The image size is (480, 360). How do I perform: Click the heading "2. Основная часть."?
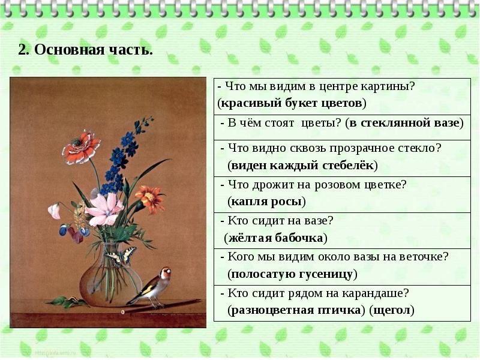coord(85,50)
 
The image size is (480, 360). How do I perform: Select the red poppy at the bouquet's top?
coord(81,147)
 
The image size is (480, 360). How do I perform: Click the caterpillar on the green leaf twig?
coord(73,299)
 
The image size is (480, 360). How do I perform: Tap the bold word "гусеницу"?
coord(326,274)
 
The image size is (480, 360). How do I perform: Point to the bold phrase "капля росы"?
coord(266,202)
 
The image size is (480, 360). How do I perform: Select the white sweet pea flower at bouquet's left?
coord(55,211)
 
